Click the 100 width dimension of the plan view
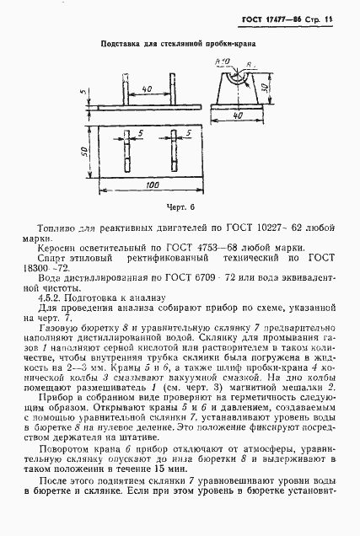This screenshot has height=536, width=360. (x=153, y=184)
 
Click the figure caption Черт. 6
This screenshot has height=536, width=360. (x=180, y=205)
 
